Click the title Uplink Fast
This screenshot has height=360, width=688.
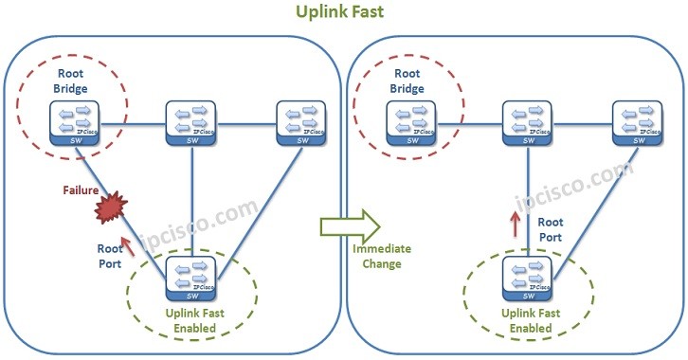[344, 13]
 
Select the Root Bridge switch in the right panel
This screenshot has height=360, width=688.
[407, 124]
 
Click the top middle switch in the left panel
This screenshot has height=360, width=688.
[192, 124]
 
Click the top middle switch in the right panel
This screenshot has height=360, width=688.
[528, 124]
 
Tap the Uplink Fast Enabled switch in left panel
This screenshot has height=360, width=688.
[192, 278]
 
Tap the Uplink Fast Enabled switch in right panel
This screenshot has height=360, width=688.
[528, 278]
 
